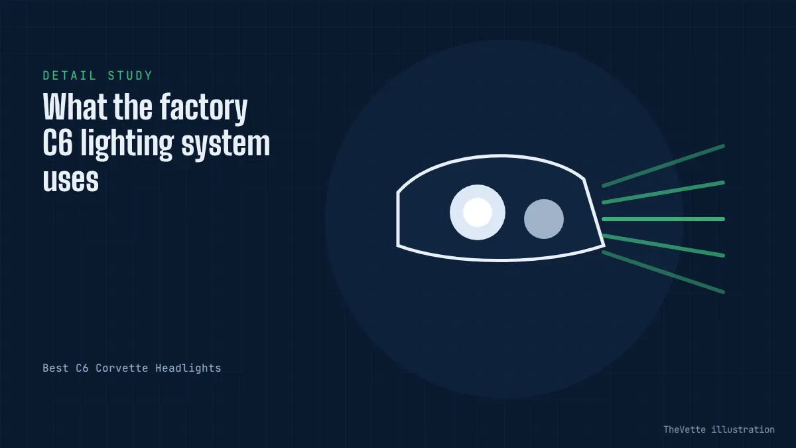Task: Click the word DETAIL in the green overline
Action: tap(70, 76)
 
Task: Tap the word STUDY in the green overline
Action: tap(130, 76)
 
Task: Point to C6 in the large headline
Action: tap(58, 143)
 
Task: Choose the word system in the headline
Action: tap(226, 146)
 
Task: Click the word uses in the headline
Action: tap(71, 180)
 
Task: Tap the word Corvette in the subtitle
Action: tap(122, 368)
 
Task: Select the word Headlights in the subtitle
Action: tap(188, 368)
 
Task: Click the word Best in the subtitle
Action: tap(56, 368)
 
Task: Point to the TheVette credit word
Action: tap(685, 429)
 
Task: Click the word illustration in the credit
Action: tap(743, 429)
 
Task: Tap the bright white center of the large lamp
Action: tap(478, 212)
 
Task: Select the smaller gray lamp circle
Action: tap(544, 218)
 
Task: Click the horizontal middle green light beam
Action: tap(663, 219)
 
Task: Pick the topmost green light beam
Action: tap(663, 166)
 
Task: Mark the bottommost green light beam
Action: tap(663, 272)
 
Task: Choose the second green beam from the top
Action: tap(663, 192)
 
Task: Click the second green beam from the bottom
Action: tap(663, 246)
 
